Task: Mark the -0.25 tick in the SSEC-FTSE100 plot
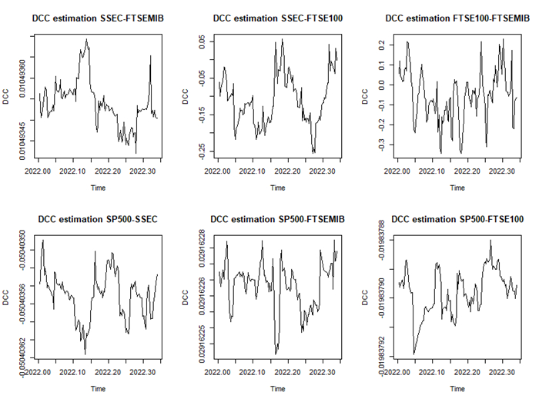203,148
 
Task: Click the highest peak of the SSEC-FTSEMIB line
86,38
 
